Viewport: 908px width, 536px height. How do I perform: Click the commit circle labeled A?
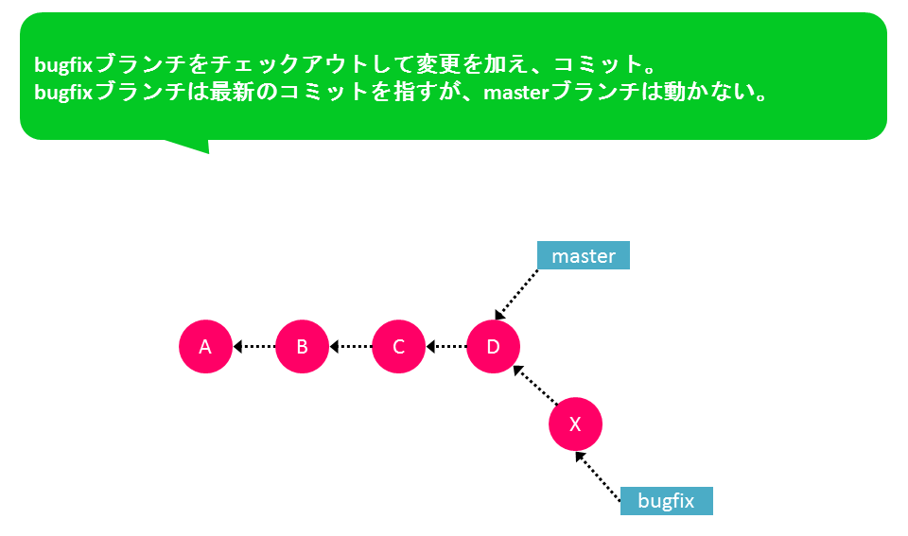pos(205,346)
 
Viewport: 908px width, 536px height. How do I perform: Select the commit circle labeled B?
pos(303,346)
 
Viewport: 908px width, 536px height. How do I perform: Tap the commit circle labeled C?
pos(398,346)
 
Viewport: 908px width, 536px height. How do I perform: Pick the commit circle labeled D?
pos(494,346)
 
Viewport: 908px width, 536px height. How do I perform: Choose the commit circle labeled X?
pos(576,424)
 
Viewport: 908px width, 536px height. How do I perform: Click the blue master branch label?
pos(584,255)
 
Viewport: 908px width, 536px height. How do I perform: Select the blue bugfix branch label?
pos(667,501)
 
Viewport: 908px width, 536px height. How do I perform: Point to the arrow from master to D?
pos(516,294)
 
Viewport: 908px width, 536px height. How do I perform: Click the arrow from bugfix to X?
pos(598,475)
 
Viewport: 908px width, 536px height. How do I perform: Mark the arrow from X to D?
pos(535,385)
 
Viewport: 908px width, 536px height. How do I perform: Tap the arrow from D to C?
pos(446,347)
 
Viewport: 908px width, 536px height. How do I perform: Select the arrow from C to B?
pos(350,347)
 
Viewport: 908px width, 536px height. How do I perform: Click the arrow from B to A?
pos(254,347)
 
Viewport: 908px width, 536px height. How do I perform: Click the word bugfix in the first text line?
pos(63,65)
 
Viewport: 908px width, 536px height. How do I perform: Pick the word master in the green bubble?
pos(516,93)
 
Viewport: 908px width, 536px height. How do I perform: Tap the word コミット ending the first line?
pos(598,64)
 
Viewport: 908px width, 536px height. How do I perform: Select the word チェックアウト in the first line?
pos(277,64)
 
